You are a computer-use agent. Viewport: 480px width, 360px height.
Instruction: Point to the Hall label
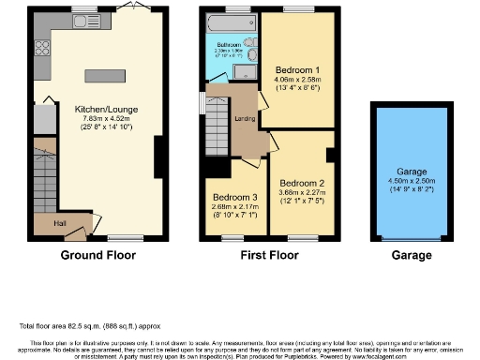(x=59, y=222)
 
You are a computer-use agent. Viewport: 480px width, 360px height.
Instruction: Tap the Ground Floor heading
(x=98, y=255)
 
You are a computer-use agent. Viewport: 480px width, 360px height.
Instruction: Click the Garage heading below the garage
(x=412, y=255)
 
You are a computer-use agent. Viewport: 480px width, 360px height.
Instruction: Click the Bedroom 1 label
(x=298, y=70)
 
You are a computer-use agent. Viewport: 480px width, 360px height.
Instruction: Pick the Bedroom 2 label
(x=302, y=183)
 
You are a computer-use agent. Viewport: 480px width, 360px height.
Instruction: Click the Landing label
(x=246, y=117)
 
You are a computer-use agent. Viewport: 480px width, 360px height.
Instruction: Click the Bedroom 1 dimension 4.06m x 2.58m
(x=298, y=80)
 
